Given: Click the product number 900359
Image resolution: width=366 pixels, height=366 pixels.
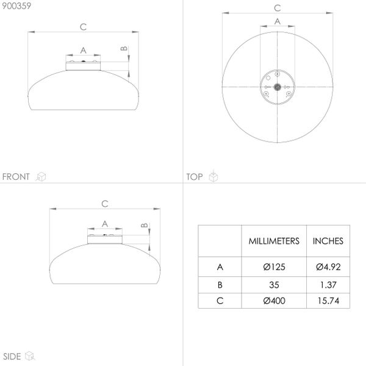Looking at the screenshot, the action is point(16,6).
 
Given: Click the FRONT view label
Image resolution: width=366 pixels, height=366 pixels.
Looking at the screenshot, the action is point(16,177).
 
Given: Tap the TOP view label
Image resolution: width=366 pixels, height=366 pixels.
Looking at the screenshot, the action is point(195,177).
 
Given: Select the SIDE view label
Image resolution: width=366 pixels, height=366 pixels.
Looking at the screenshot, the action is point(12,356).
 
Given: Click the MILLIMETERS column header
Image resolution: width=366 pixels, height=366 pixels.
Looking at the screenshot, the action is point(274,241).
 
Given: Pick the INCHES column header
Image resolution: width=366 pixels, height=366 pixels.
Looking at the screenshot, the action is point(328,241).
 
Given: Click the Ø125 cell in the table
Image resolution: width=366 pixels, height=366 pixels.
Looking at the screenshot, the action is point(274,267).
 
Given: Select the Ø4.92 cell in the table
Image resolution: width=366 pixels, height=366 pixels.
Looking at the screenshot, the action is point(328,267).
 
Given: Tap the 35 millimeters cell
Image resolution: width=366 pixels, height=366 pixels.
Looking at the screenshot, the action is point(274,285).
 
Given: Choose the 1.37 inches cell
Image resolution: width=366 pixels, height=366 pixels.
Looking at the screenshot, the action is point(328,285).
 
